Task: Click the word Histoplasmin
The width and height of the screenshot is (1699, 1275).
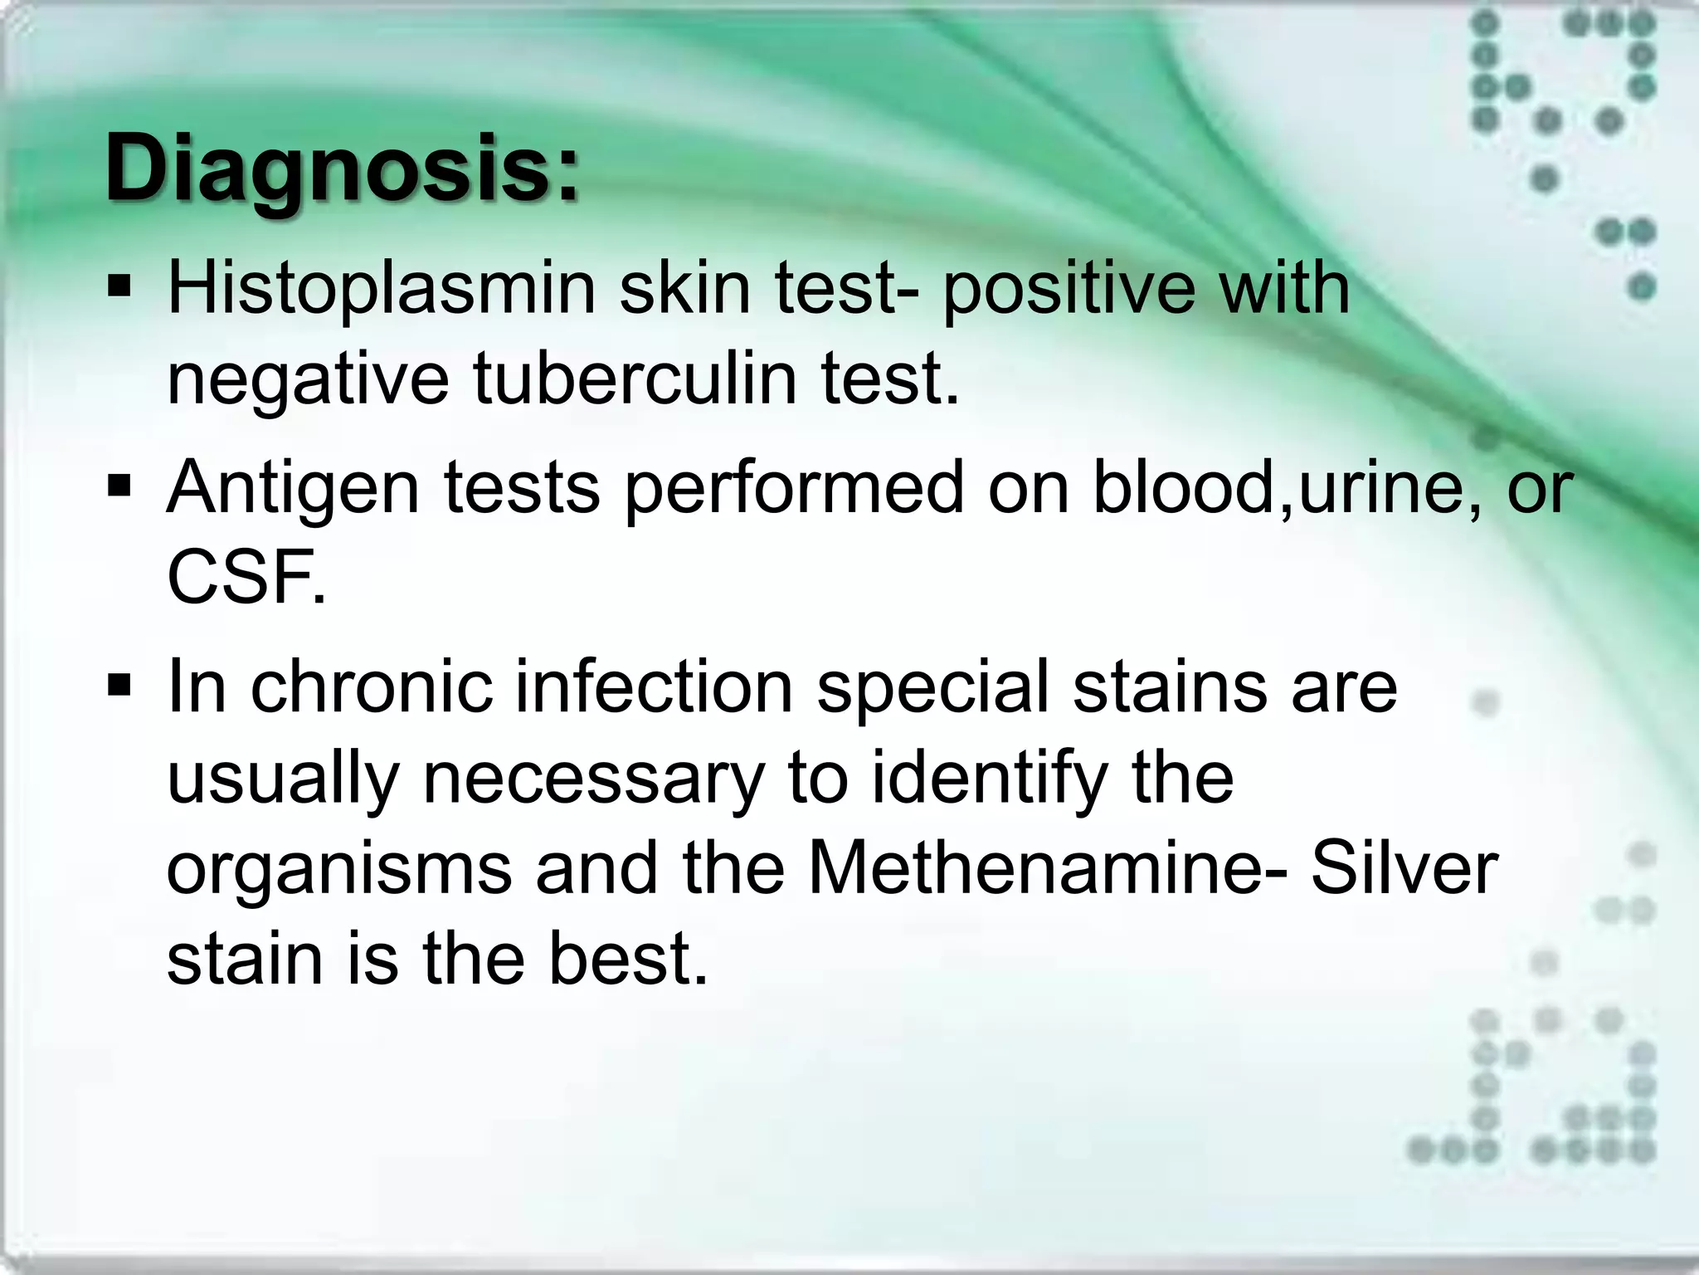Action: pos(382,289)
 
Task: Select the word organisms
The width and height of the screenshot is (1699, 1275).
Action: pos(339,870)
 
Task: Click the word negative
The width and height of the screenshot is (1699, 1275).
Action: pos(307,380)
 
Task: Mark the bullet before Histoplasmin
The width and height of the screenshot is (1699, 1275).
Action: pos(119,288)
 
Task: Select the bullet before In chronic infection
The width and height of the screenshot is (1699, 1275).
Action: pos(119,686)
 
